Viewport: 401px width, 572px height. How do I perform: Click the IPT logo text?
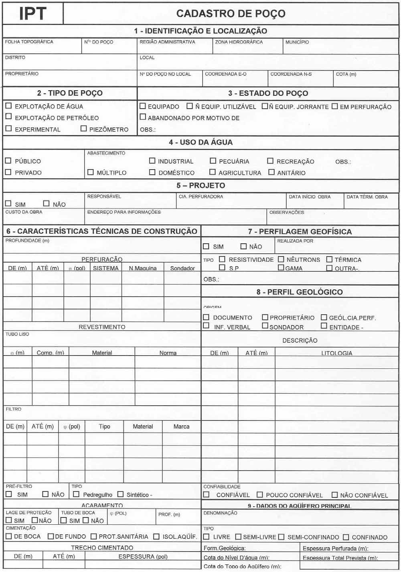pos(32,14)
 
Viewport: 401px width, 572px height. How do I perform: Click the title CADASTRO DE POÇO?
pos(231,14)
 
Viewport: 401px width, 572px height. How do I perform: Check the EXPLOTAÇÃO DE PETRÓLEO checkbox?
pos(8,116)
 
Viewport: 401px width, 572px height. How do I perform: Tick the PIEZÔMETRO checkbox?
pos(83,128)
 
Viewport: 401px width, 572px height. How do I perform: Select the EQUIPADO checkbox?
pos(142,106)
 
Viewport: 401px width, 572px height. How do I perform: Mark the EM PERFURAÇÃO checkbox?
pos(334,106)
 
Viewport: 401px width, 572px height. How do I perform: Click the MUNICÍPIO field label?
pos(297,42)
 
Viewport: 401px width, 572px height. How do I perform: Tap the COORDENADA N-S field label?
pos(291,74)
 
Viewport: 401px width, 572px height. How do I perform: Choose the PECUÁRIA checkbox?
pos(213,161)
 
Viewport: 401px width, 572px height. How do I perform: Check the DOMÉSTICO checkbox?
pos(152,172)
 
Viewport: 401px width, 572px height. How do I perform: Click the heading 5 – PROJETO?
pos(200,186)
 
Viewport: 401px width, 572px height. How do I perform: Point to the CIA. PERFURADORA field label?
pos(200,197)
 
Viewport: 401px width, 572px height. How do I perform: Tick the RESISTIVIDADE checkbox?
pos(222,259)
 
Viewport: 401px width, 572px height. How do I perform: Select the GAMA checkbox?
pos(281,268)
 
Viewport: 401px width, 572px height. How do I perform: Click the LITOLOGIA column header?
pos(336,353)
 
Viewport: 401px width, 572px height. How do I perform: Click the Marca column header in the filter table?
pos(181,426)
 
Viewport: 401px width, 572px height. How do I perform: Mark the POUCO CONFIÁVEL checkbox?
pos(260,495)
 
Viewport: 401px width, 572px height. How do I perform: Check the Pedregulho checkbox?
pos(76,494)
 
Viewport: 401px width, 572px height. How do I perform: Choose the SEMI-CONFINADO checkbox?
pos(281,537)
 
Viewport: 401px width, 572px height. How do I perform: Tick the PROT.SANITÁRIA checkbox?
pos(93,536)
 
